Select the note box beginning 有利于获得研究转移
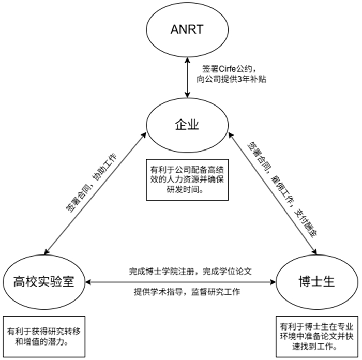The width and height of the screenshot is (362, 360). pyautogui.click(x=43, y=336)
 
